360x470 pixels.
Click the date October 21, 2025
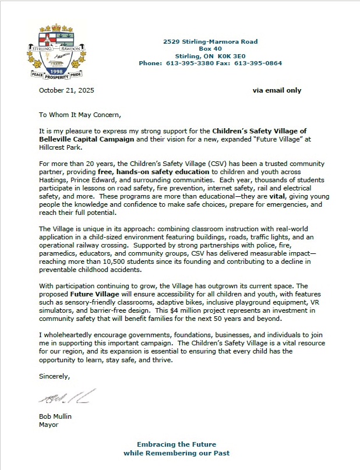[66, 91]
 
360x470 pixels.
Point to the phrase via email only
[277, 91]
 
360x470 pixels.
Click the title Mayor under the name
[49, 424]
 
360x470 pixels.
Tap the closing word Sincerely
[55, 376]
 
